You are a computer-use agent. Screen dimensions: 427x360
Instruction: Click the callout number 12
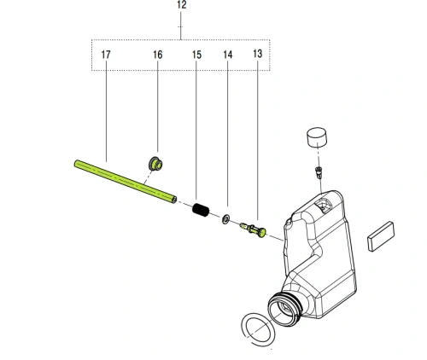(x=182, y=5)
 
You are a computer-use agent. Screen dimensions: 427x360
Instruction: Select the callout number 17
(x=106, y=55)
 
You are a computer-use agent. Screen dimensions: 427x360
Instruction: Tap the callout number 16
(x=158, y=55)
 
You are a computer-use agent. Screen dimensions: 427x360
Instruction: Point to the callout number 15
(x=196, y=55)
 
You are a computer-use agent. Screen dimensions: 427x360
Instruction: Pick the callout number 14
(x=227, y=55)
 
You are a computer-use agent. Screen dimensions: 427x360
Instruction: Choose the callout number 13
(x=258, y=54)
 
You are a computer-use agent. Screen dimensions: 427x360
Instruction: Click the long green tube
(x=126, y=182)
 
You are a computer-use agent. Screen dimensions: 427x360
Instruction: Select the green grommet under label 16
(x=155, y=164)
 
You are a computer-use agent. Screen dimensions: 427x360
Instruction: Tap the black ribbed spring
(x=201, y=210)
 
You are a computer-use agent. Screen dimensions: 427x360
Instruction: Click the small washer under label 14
(x=225, y=219)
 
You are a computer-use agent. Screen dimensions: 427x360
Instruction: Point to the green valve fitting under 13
(x=254, y=229)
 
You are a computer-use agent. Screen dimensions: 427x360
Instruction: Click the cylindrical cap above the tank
(x=317, y=137)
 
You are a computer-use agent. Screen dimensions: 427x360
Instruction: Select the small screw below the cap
(x=319, y=172)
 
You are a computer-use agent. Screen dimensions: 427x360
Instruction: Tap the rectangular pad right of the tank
(x=381, y=236)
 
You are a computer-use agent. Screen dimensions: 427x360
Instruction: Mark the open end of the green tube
(x=174, y=200)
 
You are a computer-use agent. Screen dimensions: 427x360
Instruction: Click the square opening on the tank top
(x=324, y=206)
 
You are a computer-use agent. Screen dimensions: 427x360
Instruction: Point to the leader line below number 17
(x=106, y=111)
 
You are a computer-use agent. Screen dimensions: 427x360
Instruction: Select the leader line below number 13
(x=257, y=139)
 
